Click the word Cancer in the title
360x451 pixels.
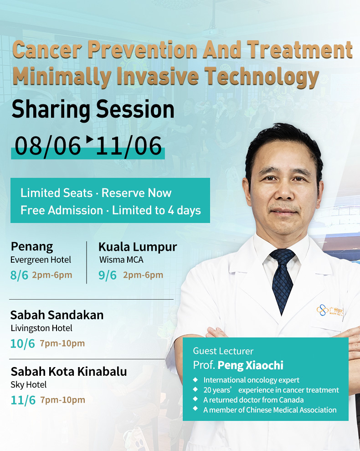[x=47, y=50]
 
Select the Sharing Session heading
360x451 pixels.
[x=93, y=109]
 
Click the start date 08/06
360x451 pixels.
[x=48, y=146]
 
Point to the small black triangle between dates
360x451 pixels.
[x=90, y=139]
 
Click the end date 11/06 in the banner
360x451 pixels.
[x=129, y=146]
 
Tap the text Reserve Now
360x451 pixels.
[x=136, y=193]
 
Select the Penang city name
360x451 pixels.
[x=32, y=247]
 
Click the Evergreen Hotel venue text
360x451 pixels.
[x=41, y=260]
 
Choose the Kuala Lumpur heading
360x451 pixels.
[x=138, y=247]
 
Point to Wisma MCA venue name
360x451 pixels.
[x=121, y=260]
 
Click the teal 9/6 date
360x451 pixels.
[x=108, y=275]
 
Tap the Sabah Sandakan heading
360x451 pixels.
[x=57, y=315]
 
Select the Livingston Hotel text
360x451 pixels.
[x=41, y=328]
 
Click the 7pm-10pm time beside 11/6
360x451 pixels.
[x=63, y=400]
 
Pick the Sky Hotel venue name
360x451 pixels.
[x=28, y=385]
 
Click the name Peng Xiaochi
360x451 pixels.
[x=251, y=365]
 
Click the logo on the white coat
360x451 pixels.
[x=329, y=311]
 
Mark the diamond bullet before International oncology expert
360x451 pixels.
[x=195, y=380]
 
